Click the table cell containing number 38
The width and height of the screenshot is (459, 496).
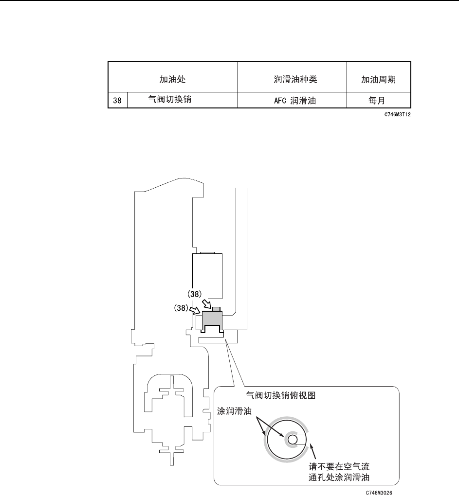pyautogui.click(x=117, y=101)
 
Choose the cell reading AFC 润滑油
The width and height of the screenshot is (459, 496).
pyautogui.click(x=293, y=101)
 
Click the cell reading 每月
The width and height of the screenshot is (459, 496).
pyautogui.click(x=378, y=101)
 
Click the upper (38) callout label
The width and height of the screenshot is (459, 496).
pyautogui.click(x=198, y=294)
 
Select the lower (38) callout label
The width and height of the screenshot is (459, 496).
pyautogui.click(x=184, y=308)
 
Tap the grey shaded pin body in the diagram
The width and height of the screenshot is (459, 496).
pyautogui.click(x=213, y=319)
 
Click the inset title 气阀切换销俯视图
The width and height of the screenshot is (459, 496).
pyautogui.click(x=281, y=395)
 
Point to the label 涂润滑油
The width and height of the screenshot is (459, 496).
pyautogui.click(x=235, y=411)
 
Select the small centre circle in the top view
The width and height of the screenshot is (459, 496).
pyautogui.click(x=292, y=439)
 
